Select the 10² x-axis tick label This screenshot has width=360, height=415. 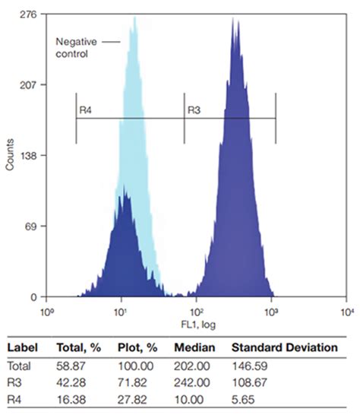pos(197,312)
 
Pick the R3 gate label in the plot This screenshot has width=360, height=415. pos(194,111)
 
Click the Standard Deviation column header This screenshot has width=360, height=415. pos(284,347)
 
